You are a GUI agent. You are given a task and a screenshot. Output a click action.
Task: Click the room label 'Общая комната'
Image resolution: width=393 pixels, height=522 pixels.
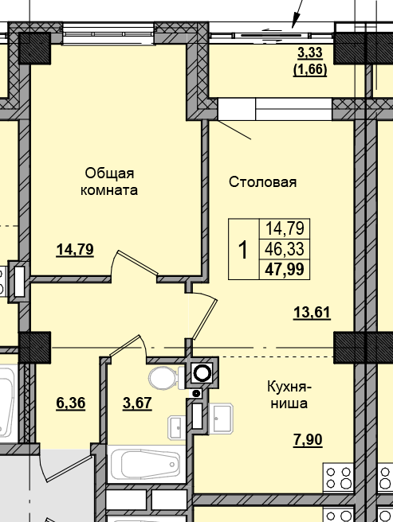pos(110,181)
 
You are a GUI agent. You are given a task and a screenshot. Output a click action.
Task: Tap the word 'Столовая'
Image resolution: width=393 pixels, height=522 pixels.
pos(262,182)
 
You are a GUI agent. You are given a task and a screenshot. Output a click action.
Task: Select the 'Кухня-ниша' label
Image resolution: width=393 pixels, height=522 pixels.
pos(289,395)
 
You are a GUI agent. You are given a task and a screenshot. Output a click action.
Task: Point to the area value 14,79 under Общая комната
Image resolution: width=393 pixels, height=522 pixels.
pos(75,249)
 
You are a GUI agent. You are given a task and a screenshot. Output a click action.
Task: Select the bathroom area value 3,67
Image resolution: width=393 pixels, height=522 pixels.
pos(137,403)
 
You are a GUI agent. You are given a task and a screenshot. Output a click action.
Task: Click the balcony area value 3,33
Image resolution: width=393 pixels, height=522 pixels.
pos(312,54)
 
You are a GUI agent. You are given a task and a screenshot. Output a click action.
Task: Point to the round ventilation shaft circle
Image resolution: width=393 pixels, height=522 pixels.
pos(203,372)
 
